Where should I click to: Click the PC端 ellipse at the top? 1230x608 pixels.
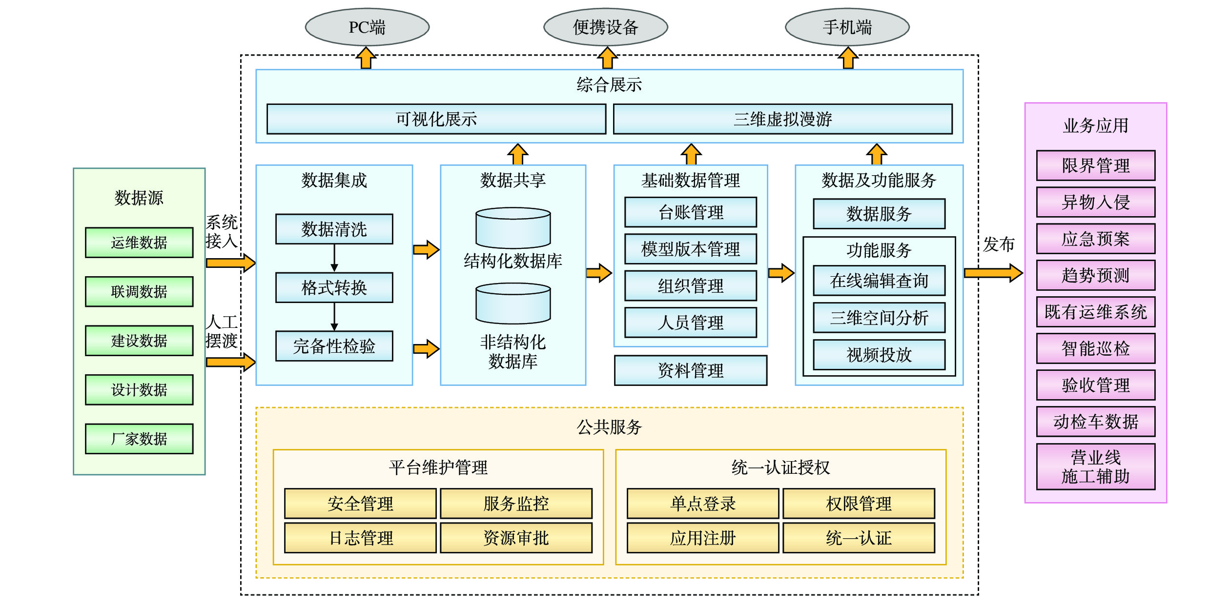pyautogui.click(x=367, y=27)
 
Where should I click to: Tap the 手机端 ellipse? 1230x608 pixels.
pyautogui.click(x=847, y=27)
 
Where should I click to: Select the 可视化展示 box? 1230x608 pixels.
pyautogui.click(x=436, y=119)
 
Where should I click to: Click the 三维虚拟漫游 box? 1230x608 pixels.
pyautogui.click(x=782, y=119)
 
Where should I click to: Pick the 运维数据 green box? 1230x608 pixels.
pyautogui.click(x=139, y=242)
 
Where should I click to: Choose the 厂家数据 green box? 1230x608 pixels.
pyautogui.click(x=139, y=439)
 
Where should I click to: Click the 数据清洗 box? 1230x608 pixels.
pyautogui.click(x=334, y=229)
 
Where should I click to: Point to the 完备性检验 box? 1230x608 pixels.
pyautogui.click(x=334, y=346)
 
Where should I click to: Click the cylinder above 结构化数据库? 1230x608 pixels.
pyautogui.click(x=513, y=227)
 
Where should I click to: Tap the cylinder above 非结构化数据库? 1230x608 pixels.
pyautogui.click(x=513, y=303)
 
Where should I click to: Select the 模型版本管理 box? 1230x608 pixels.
pyautogui.click(x=690, y=249)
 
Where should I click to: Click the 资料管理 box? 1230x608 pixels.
pyautogui.click(x=690, y=370)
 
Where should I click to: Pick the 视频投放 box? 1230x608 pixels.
pyautogui.click(x=879, y=355)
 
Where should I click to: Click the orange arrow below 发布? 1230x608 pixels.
pyautogui.click(x=993, y=273)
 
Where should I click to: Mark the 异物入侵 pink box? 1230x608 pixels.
pyautogui.click(x=1095, y=202)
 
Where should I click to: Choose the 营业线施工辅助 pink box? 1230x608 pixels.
pyautogui.click(x=1095, y=466)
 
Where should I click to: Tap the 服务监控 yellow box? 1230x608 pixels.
pyautogui.click(x=516, y=503)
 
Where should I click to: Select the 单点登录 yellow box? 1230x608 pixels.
pyautogui.click(x=702, y=503)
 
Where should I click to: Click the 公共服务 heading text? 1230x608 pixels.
pyautogui.click(x=609, y=427)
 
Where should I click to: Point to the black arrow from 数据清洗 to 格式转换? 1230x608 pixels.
pyautogui.click(x=334, y=258)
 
